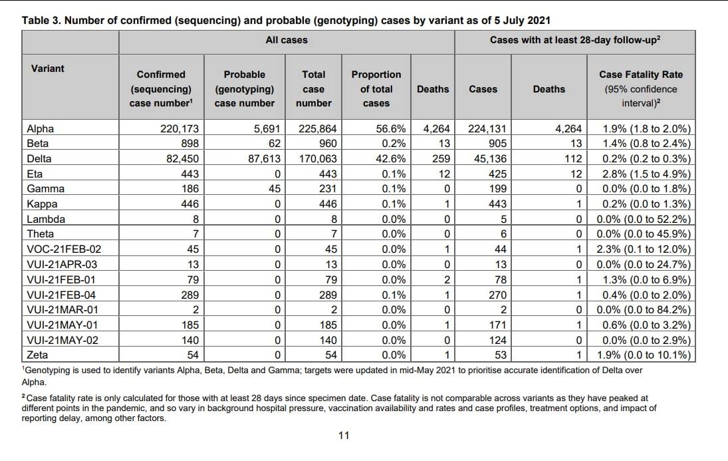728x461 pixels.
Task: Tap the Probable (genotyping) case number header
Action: (x=245, y=88)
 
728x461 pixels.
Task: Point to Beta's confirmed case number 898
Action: (x=185, y=143)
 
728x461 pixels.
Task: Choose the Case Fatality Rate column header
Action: (x=641, y=88)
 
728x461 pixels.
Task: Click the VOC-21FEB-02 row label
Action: (x=64, y=249)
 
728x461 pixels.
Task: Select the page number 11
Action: (x=344, y=436)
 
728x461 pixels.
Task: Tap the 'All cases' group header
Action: (x=287, y=40)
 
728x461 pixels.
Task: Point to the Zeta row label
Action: (x=37, y=355)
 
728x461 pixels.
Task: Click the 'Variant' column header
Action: (x=48, y=69)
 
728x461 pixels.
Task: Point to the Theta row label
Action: (x=41, y=233)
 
